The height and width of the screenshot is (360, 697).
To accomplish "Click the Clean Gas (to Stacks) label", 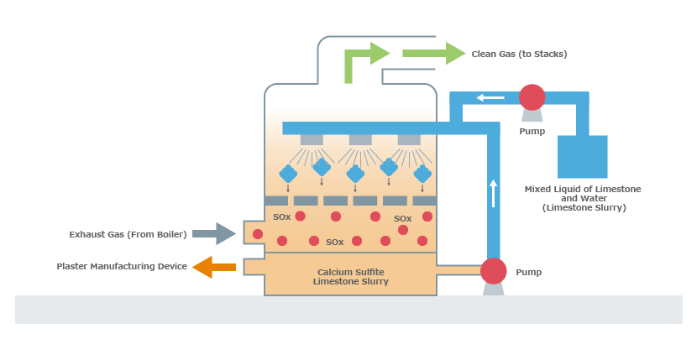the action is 519,55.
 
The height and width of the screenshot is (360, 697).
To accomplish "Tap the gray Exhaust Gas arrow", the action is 214,233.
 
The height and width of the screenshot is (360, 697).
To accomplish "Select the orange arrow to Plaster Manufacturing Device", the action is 214,267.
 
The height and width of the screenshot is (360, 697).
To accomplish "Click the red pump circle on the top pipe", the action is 532,97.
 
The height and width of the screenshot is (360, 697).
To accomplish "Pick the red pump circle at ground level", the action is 494,271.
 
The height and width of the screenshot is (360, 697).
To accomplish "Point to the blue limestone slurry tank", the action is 582,156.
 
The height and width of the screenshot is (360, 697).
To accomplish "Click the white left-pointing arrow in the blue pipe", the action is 490,97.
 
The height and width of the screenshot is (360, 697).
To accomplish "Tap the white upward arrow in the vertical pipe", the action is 493,193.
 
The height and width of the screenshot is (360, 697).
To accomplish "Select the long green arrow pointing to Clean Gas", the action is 434,54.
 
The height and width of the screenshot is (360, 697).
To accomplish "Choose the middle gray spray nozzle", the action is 360,140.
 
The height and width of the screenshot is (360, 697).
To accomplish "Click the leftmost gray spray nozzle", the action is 312,140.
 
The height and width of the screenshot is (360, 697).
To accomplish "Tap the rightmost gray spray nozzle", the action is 409,140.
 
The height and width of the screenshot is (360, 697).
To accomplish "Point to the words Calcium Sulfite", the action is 351,272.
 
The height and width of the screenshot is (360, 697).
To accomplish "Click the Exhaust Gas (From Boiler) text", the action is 128,234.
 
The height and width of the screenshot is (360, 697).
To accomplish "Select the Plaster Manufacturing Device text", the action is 122,266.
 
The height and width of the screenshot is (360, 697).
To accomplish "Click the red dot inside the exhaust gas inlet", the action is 257,234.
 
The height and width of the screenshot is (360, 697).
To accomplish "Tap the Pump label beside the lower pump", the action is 528,272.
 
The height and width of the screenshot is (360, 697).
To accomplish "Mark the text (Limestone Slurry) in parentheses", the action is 584,207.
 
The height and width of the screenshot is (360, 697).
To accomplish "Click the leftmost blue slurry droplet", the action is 288,174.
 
